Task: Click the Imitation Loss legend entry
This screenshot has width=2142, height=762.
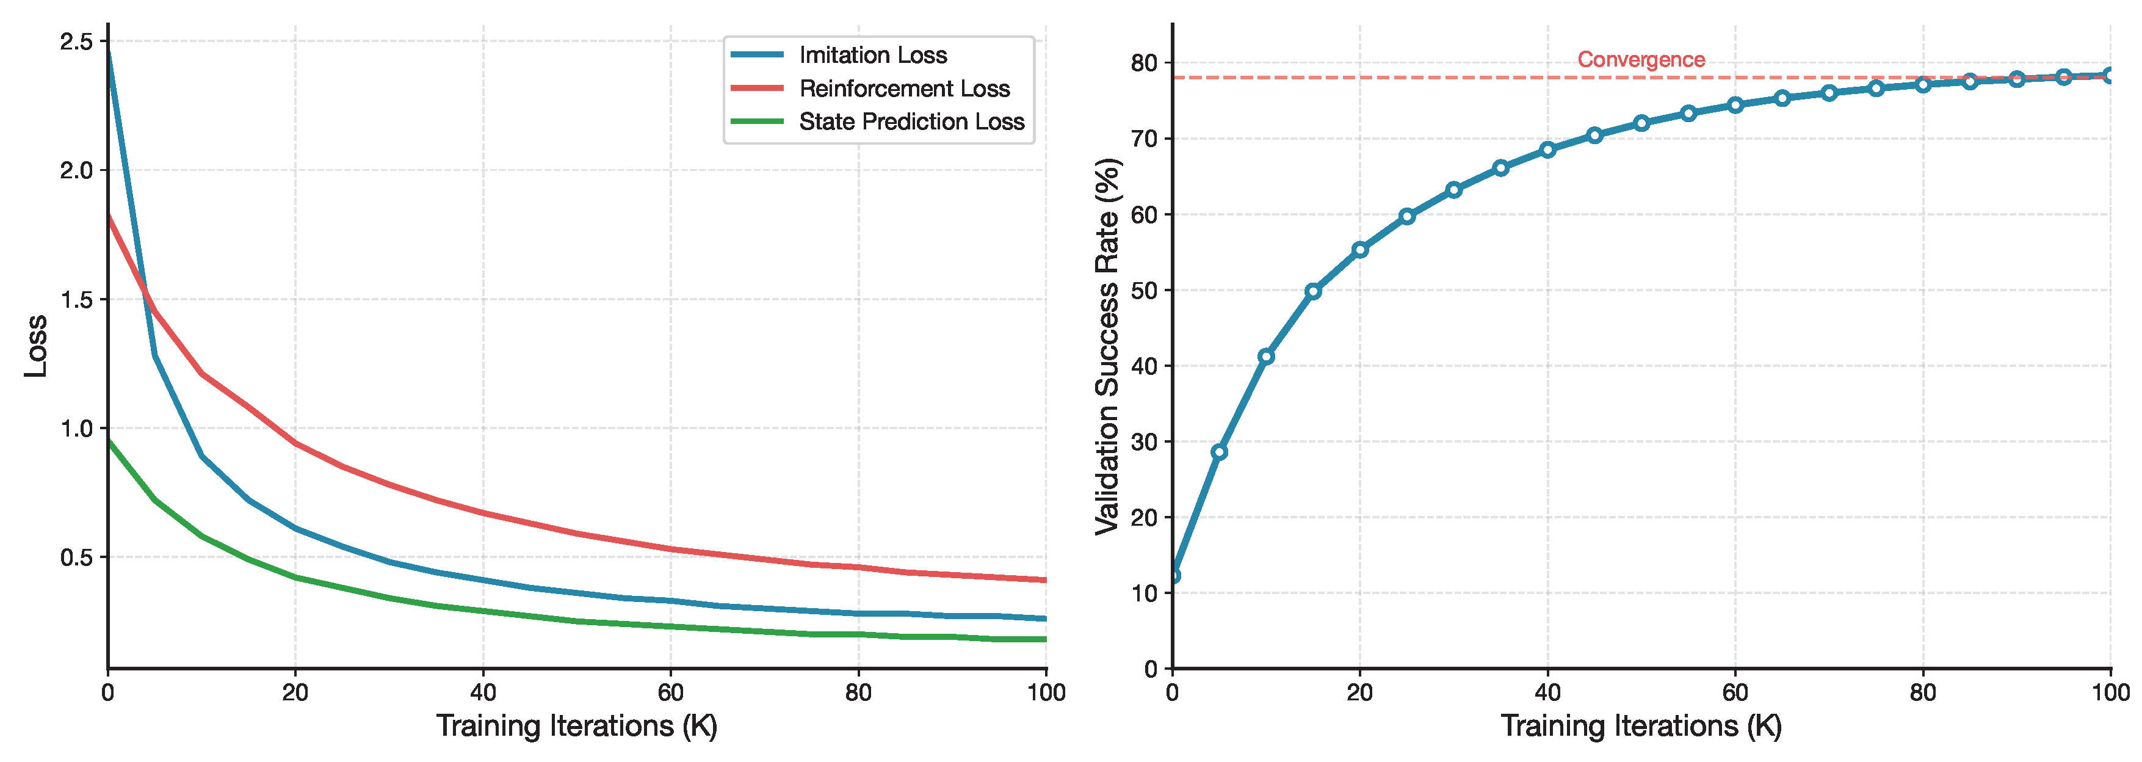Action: (x=872, y=55)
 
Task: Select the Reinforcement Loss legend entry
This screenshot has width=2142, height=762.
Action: (x=904, y=88)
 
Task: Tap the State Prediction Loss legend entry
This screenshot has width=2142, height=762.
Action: (x=911, y=122)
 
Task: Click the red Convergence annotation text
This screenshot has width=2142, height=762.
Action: (x=1641, y=60)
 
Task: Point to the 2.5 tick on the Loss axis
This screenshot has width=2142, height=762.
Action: (x=76, y=42)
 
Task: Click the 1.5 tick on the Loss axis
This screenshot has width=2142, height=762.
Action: (x=76, y=299)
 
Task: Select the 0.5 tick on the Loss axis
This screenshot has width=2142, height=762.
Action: (x=76, y=557)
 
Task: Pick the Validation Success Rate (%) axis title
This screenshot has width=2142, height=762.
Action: (x=1107, y=346)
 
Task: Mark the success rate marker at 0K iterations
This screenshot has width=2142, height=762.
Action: (x=1173, y=576)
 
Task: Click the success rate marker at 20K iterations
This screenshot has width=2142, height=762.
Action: (x=1359, y=250)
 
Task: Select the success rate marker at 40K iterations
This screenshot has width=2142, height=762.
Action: (x=1547, y=150)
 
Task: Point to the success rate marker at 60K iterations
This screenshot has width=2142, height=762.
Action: (x=1735, y=105)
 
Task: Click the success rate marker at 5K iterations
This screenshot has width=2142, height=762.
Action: (x=1219, y=452)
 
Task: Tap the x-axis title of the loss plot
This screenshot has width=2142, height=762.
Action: (x=576, y=726)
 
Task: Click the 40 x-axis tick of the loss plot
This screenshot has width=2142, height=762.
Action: (x=482, y=692)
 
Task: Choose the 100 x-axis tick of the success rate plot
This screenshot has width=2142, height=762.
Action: (x=2109, y=692)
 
